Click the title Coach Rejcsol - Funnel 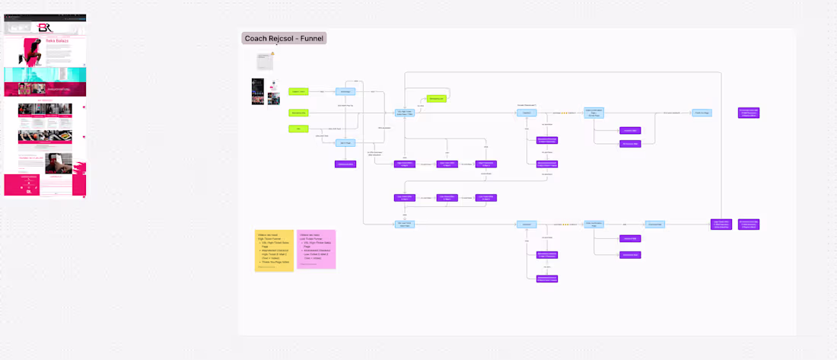click(284, 38)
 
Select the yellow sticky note click(274, 250)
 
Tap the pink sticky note click(316, 249)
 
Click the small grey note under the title click(265, 60)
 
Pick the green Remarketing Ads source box click(298, 113)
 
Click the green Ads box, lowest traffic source click(298, 129)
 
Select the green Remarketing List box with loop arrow click(436, 99)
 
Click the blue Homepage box click(345, 91)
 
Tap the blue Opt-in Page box click(345, 142)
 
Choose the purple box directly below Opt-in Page click(345, 164)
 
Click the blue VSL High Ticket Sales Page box click(405, 113)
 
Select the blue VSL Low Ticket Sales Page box click(405, 224)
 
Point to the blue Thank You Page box click(702, 113)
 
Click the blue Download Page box click(655, 224)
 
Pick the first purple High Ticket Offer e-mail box click(405, 164)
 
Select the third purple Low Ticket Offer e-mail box click(485, 198)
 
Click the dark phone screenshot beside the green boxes click(258, 91)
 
